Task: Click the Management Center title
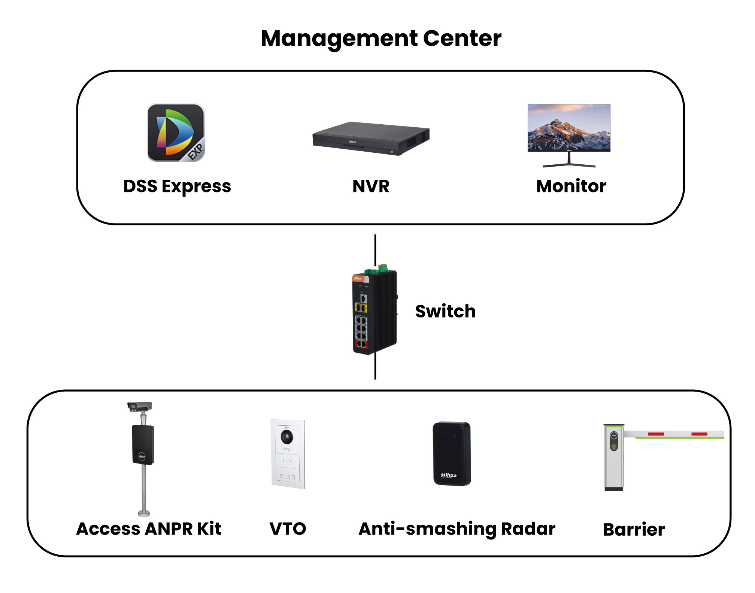click(381, 38)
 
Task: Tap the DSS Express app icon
click(176, 133)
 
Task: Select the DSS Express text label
click(177, 186)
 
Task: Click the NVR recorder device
click(371, 138)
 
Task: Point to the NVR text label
click(371, 186)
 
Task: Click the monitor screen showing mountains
click(569, 127)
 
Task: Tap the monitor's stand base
click(569, 165)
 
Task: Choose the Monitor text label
click(571, 186)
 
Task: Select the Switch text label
click(445, 311)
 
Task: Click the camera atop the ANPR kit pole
click(139, 407)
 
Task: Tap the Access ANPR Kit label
click(149, 529)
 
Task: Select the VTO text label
click(288, 529)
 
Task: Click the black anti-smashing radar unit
click(452, 454)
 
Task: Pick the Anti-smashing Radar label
click(457, 529)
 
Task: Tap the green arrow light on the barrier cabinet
click(614, 447)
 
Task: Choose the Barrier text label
click(634, 529)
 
